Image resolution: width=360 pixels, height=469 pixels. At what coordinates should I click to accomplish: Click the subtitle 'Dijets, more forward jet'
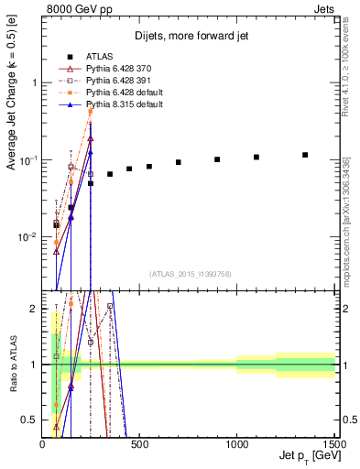[190, 36]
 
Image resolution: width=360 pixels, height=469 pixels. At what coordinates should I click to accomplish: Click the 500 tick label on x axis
[140, 444]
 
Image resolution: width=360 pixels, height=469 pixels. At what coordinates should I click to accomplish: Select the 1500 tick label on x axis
[334, 444]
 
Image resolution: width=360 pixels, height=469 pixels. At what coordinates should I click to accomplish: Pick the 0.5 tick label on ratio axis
[30, 420]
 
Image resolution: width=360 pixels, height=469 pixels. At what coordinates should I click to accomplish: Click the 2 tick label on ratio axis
[34, 309]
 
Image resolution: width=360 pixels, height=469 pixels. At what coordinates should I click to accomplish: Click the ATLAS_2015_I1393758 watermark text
[191, 273]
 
